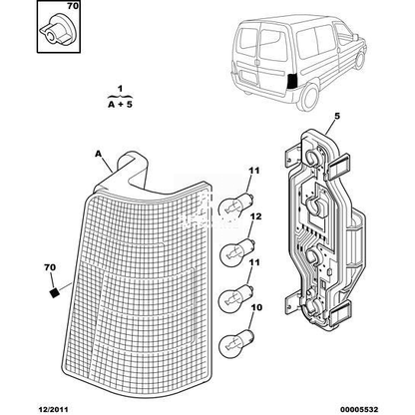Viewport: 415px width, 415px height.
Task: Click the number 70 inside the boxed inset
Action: pyautogui.click(x=73, y=6)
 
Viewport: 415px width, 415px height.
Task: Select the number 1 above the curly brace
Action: pyautogui.click(x=120, y=89)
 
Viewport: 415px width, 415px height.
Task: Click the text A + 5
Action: pyautogui.click(x=120, y=104)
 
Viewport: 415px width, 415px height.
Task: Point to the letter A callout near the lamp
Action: pyautogui.click(x=98, y=154)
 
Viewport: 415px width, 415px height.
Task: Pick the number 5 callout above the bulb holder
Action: pyautogui.click(x=337, y=117)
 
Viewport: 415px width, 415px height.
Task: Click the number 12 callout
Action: pyautogui.click(x=256, y=216)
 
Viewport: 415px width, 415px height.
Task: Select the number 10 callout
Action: pyautogui.click(x=256, y=307)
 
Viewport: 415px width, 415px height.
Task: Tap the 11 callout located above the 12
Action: pyautogui.click(x=253, y=171)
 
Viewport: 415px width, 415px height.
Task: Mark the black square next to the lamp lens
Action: pyautogui.click(x=54, y=292)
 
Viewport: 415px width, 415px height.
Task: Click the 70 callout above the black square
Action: pyautogui.click(x=50, y=267)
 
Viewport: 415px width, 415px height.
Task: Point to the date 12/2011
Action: pyautogui.click(x=52, y=409)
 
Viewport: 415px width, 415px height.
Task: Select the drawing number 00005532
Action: pyautogui.click(x=359, y=409)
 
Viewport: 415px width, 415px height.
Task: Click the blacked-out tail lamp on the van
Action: pyautogui.click(x=293, y=81)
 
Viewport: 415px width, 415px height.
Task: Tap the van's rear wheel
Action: pyautogui.click(x=310, y=97)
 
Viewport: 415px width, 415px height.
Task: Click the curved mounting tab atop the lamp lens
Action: pyautogui.click(x=133, y=170)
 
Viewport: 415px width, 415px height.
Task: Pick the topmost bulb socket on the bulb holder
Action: pyautogui.click(x=312, y=157)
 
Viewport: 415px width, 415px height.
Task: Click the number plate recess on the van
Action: pyautogui.click(x=248, y=76)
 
